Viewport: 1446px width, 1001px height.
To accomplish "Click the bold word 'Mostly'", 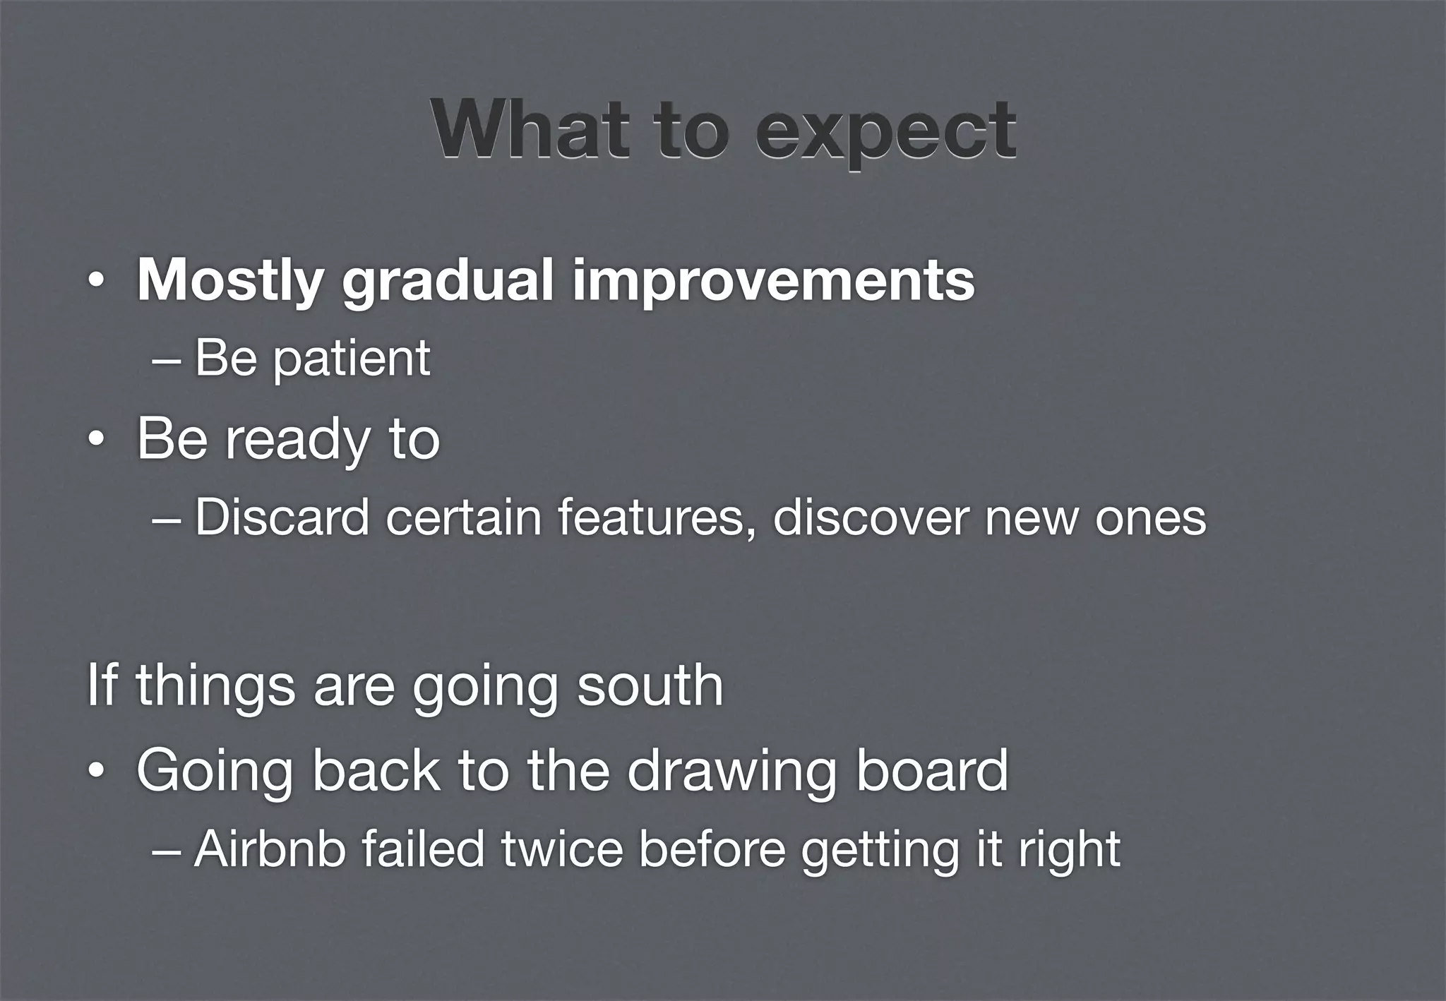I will tap(230, 281).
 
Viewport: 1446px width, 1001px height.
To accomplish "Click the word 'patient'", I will tap(351, 358).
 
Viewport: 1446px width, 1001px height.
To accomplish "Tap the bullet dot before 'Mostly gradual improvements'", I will tap(95, 282).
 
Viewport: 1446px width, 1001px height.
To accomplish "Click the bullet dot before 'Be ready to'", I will tap(95, 441).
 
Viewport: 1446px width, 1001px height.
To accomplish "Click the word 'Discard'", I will tap(282, 517).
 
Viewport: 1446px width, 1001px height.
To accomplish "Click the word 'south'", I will tap(650, 685).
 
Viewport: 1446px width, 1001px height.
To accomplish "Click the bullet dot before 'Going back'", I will tap(95, 772).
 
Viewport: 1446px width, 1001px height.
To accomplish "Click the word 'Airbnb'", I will tap(270, 849).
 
